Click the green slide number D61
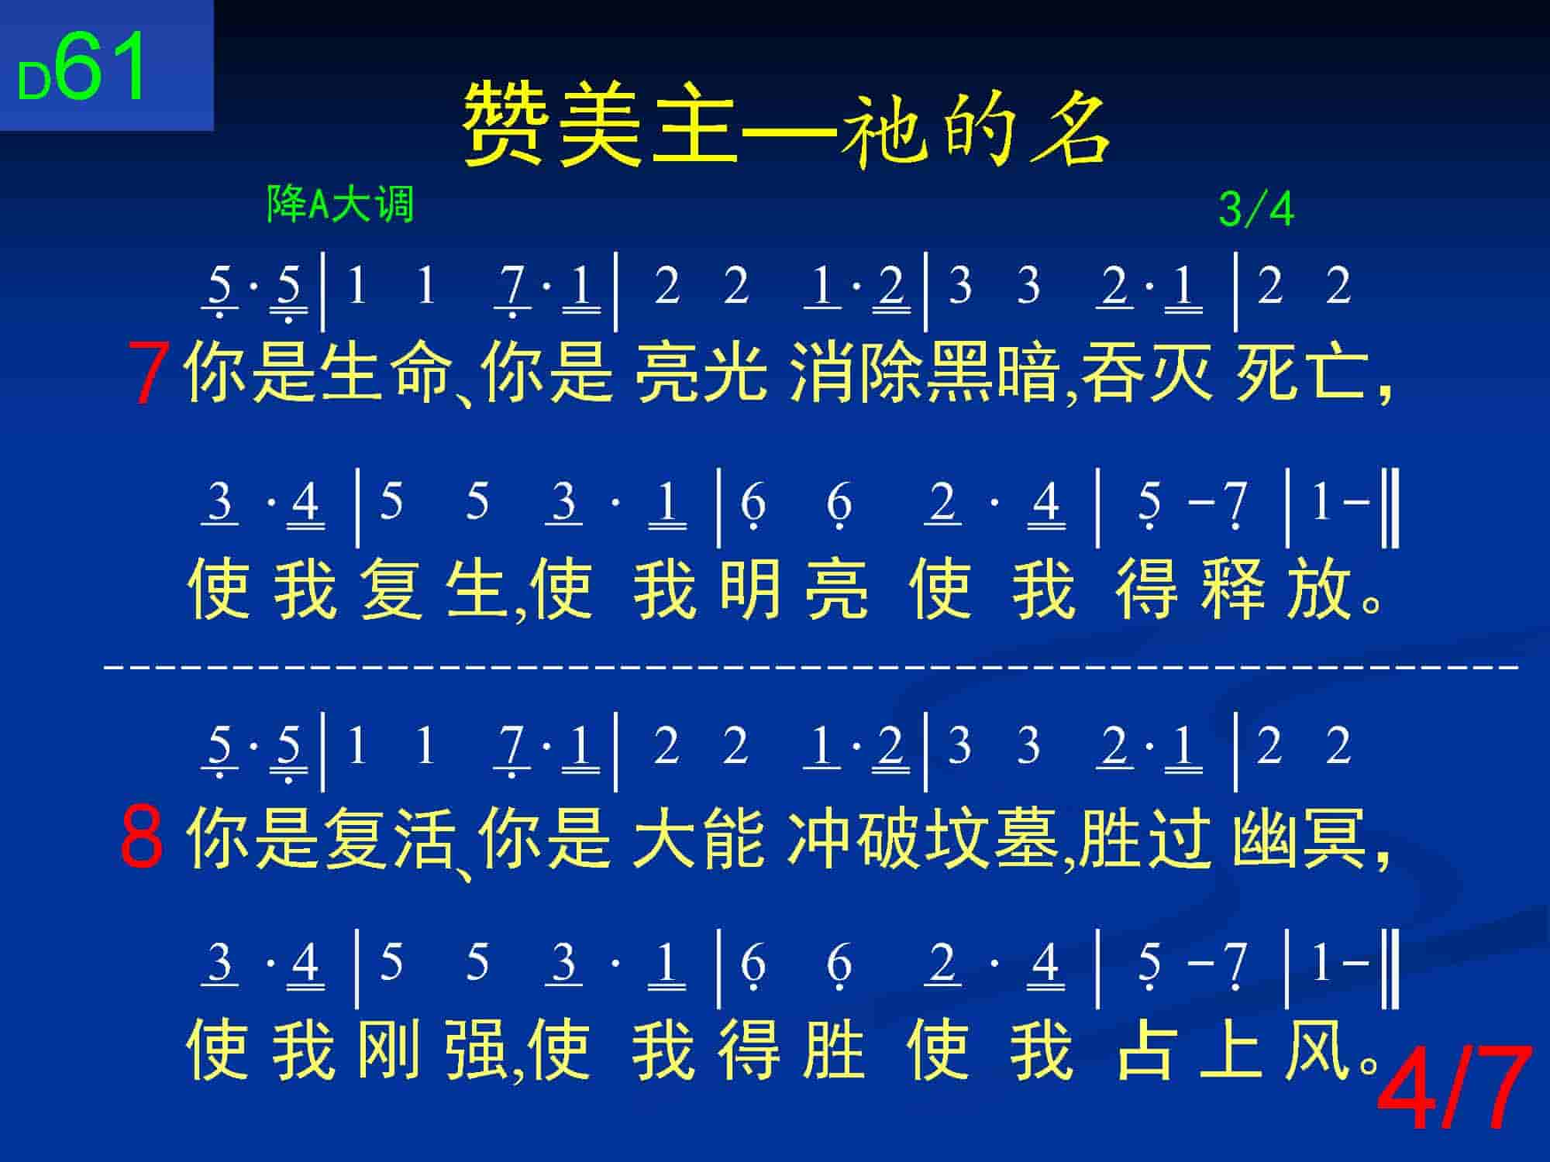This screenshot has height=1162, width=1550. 81,68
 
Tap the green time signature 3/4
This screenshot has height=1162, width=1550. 1255,209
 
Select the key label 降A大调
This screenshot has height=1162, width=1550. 340,205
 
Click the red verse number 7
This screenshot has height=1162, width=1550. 150,374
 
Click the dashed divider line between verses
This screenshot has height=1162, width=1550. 811,665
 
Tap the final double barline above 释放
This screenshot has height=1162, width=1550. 1390,507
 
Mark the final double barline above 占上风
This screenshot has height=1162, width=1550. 1390,968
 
